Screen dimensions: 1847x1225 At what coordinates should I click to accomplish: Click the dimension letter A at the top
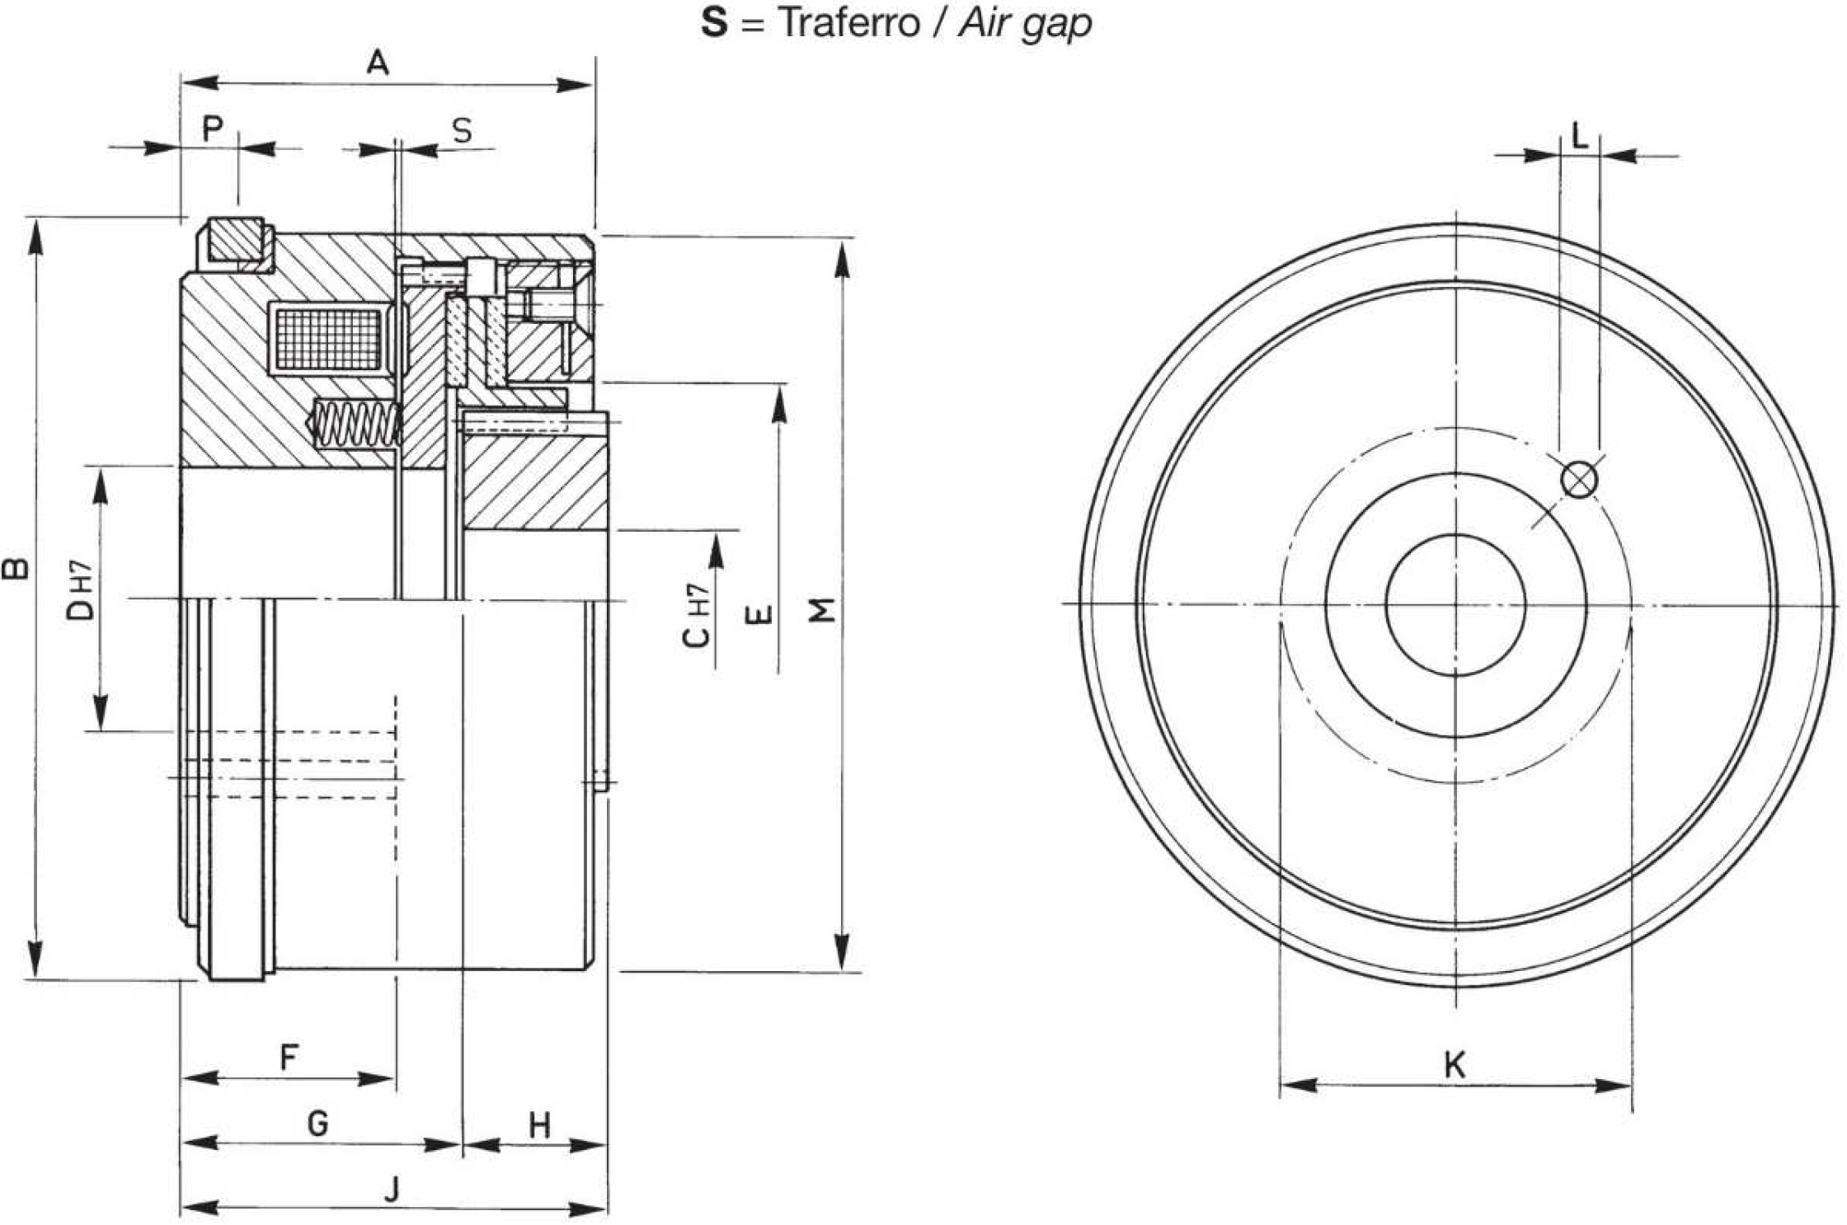[x=378, y=62]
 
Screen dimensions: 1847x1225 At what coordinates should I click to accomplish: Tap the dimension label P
[x=213, y=129]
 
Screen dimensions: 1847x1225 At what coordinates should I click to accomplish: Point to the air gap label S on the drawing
[x=463, y=130]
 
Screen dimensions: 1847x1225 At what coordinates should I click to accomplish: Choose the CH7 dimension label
[x=696, y=615]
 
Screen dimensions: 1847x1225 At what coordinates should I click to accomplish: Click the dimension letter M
[x=822, y=610]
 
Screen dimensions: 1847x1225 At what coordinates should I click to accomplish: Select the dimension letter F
[x=289, y=1057]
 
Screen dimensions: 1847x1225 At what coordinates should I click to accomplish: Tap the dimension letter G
[x=317, y=1123]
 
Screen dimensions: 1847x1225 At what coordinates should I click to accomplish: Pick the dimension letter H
[x=539, y=1124]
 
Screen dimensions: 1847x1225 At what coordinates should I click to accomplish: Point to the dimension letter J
[x=392, y=1190]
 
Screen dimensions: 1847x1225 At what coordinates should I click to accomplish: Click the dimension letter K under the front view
[x=1455, y=1065]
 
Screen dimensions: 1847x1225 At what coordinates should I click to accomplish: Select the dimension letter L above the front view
[x=1580, y=136]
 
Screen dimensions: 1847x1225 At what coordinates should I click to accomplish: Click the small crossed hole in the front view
[x=1579, y=481]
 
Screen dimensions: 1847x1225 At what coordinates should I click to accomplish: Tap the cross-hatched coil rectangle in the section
[x=328, y=339]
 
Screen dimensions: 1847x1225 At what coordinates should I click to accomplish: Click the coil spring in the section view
[x=355, y=424]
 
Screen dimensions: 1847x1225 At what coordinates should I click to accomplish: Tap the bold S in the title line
[x=714, y=23]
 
